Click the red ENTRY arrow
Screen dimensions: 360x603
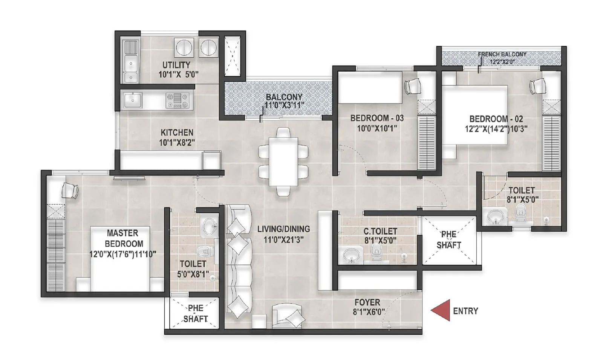pyautogui.click(x=442, y=310)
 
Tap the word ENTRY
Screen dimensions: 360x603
pyautogui.click(x=465, y=311)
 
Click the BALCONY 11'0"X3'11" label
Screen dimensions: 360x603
pyautogui.click(x=283, y=101)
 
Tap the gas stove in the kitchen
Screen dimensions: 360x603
pyautogui.click(x=177, y=101)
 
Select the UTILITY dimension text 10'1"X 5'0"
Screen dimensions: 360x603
pyautogui.click(x=178, y=75)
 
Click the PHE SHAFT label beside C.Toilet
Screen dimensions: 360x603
pyautogui.click(x=448, y=239)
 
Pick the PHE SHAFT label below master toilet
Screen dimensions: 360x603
pyautogui.click(x=195, y=313)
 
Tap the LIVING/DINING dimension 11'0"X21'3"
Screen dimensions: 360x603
pyautogui.click(x=283, y=239)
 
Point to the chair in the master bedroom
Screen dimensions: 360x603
pyautogui.click(x=70, y=190)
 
